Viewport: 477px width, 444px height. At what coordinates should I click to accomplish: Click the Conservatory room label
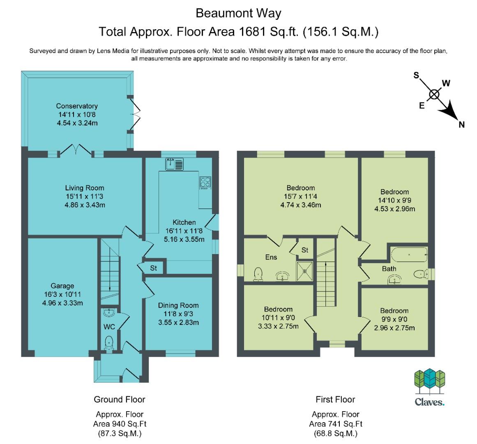pos(77,106)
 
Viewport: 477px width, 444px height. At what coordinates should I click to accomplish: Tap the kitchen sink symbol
pos(174,164)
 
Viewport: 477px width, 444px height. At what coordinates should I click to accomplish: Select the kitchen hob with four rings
pos(205,183)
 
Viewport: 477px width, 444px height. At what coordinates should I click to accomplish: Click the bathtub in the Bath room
pos(409,254)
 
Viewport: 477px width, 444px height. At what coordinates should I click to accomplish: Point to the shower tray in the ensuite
pos(304,271)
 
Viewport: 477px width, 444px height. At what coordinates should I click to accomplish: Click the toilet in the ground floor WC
pos(108,344)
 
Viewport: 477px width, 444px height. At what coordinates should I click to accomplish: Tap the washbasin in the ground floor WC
pos(109,312)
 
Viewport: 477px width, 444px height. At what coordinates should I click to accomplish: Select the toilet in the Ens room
pos(258,274)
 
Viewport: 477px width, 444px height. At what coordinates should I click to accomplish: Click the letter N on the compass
pos(461,125)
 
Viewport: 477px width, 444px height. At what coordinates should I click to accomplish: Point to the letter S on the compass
pos(416,75)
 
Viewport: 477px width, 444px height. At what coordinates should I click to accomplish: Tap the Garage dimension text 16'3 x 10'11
pos(62,294)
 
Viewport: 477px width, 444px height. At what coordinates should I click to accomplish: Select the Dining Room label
pos(178,305)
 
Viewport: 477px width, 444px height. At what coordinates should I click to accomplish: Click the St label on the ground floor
pos(153,268)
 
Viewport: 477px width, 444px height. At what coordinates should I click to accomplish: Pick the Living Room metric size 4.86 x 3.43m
pos(85,205)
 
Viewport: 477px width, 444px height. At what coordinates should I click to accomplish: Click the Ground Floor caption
pos(120,399)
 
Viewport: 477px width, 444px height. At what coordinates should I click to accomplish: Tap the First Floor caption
pos(335,399)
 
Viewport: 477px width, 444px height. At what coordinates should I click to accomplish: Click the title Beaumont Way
pos(238,13)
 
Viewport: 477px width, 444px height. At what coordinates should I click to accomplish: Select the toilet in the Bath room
pos(421,275)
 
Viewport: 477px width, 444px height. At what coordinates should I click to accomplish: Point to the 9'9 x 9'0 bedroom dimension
pos(394,319)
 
